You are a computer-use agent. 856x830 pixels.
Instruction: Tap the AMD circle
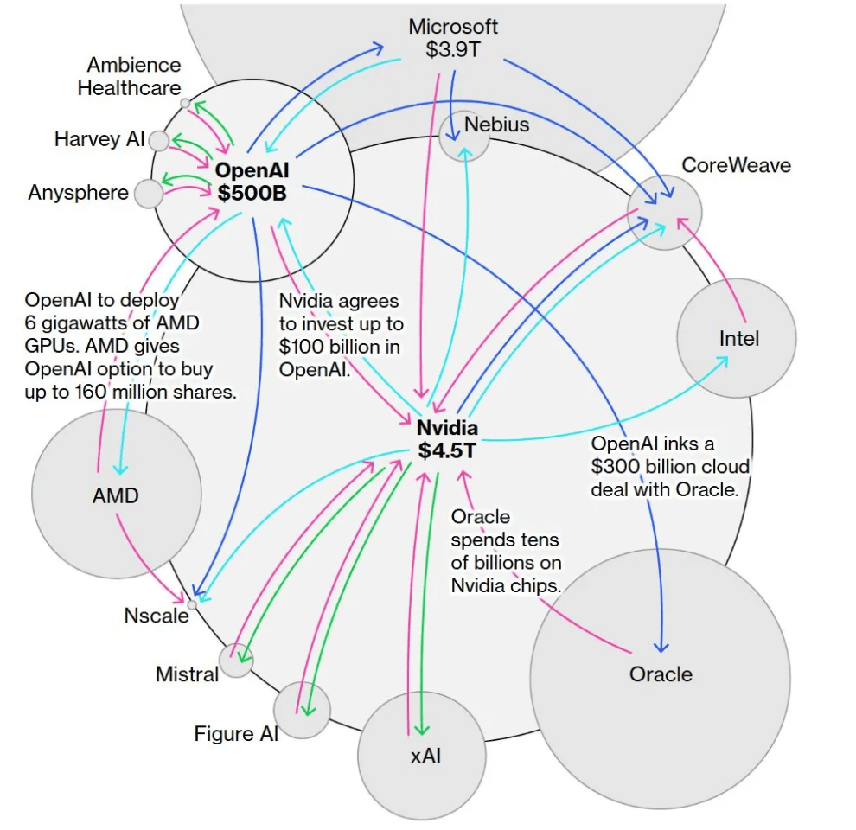point(115,484)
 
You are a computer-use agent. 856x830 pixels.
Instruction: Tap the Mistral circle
point(236,661)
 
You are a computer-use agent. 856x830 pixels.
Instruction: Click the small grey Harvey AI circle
point(159,140)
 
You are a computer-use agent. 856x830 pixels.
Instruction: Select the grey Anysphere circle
point(148,194)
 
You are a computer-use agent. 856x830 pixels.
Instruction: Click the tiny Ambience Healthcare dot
point(185,103)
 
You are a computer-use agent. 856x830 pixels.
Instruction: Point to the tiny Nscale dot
point(192,604)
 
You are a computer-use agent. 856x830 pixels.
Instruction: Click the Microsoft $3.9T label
point(453,38)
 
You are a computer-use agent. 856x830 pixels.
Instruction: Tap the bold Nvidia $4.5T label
point(447,438)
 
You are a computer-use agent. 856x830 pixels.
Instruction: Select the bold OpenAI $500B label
point(252,182)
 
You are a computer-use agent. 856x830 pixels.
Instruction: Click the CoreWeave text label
point(736,164)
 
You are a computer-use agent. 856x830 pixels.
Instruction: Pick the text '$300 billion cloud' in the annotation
point(670,466)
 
